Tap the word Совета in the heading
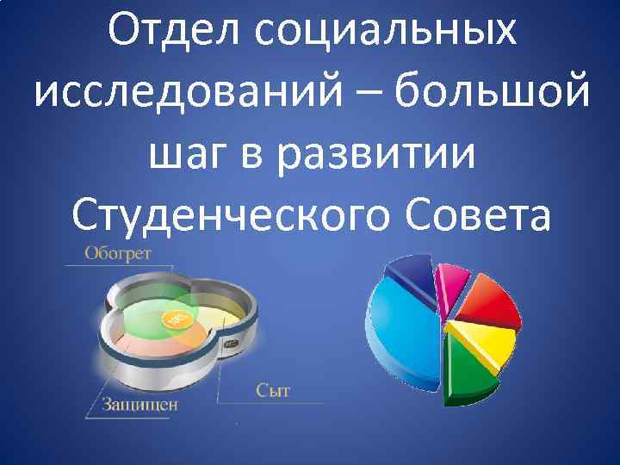tap(481, 213)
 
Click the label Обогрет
tap(118, 253)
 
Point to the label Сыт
tap(273, 390)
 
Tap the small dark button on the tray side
tap(230, 342)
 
